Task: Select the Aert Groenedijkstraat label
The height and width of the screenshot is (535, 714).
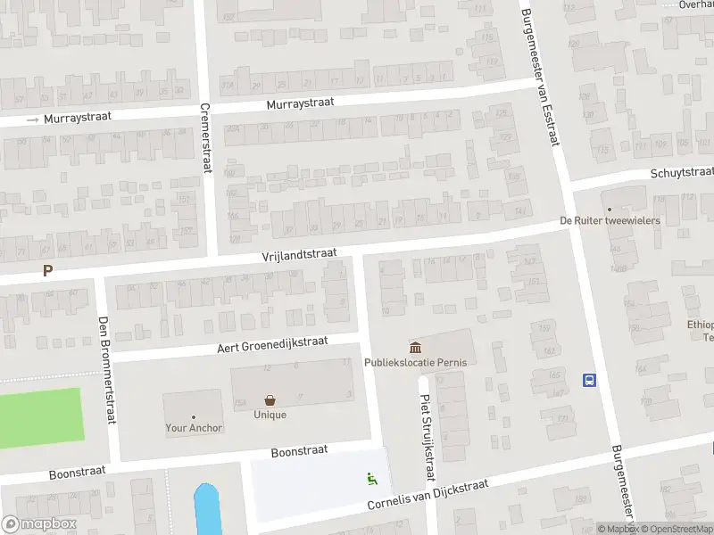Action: pyautogui.click(x=272, y=344)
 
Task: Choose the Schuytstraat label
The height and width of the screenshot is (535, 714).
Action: pyautogui.click(x=682, y=172)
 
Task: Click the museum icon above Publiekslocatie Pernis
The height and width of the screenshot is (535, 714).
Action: pyautogui.click(x=415, y=346)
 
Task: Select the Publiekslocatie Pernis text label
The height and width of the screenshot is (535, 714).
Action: pyautogui.click(x=415, y=362)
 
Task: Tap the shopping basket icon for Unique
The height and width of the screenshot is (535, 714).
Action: pyautogui.click(x=270, y=400)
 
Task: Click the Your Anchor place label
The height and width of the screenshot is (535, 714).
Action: pyautogui.click(x=194, y=428)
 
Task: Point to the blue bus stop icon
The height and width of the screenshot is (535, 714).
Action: pyautogui.click(x=589, y=380)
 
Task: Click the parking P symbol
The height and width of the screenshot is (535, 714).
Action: pyautogui.click(x=47, y=271)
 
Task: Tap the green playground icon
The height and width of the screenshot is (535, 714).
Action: pyautogui.click(x=372, y=479)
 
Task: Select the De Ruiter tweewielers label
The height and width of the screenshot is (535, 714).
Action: pyautogui.click(x=610, y=220)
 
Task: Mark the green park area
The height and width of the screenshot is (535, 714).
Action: pyautogui.click(x=40, y=414)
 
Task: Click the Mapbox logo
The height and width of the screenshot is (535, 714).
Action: pyautogui.click(x=39, y=524)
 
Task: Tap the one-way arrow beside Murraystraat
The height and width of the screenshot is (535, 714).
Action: pyautogui.click(x=33, y=119)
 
